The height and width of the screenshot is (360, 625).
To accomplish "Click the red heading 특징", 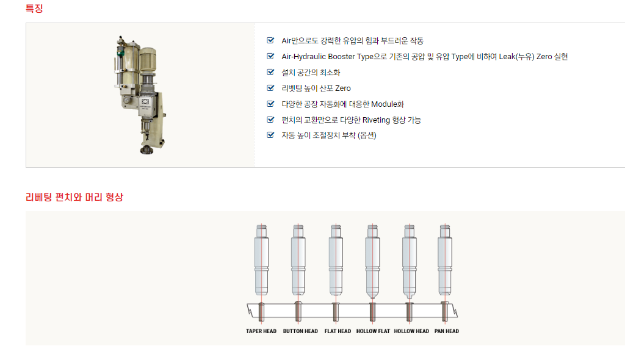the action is click(x=34, y=9).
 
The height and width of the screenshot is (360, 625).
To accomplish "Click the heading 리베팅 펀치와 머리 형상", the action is click(x=74, y=197).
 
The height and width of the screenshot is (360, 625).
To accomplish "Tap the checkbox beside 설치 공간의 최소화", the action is click(x=270, y=72).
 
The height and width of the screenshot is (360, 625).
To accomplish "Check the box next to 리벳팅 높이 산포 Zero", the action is click(x=270, y=88).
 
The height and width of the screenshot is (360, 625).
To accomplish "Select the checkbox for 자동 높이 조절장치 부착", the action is click(x=270, y=135).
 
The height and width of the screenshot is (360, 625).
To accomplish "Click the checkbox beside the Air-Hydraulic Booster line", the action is click(x=270, y=56).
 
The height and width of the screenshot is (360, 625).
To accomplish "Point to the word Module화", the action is click(x=388, y=104).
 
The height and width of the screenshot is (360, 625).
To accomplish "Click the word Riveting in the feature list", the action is click(x=376, y=120).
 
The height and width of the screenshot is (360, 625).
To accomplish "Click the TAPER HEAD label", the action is click(x=261, y=331).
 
